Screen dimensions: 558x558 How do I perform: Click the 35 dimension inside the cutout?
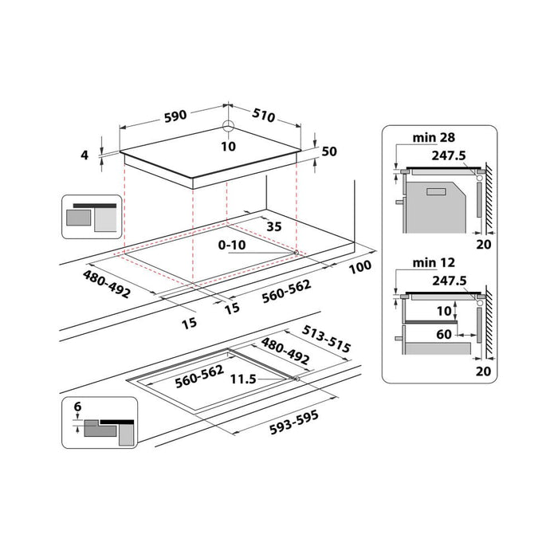273,226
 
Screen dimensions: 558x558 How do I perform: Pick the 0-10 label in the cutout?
233,245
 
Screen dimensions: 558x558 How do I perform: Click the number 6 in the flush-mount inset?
77,407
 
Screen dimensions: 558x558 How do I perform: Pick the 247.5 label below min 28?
449,155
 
